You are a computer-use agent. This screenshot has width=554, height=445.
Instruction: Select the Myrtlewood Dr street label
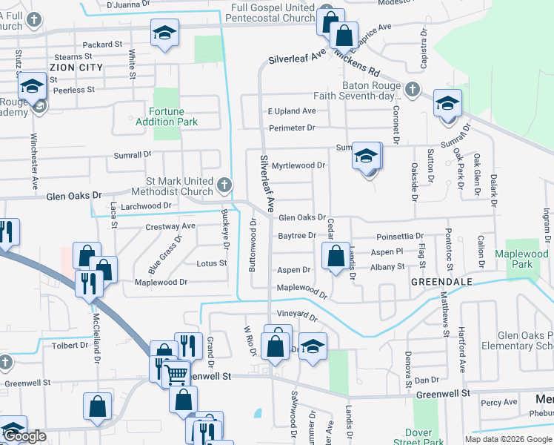[x=298, y=165]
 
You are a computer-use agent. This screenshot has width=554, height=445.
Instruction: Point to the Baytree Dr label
[x=297, y=236]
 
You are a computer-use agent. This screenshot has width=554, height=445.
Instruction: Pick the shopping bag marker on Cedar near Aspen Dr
[x=336, y=256]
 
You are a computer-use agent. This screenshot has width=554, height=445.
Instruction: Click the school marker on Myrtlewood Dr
[x=366, y=156]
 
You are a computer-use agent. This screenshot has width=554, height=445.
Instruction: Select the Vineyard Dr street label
[x=296, y=317]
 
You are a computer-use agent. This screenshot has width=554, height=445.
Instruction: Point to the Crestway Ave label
[x=170, y=225]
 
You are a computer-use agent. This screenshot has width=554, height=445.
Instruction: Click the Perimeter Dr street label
[x=292, y=128]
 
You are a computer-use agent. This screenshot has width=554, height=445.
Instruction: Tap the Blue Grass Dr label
[x=164, y=254]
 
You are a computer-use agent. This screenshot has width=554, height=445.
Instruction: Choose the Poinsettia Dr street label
[x=400, y=237]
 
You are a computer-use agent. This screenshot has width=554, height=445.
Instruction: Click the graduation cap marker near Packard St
[x=164, y=33]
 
